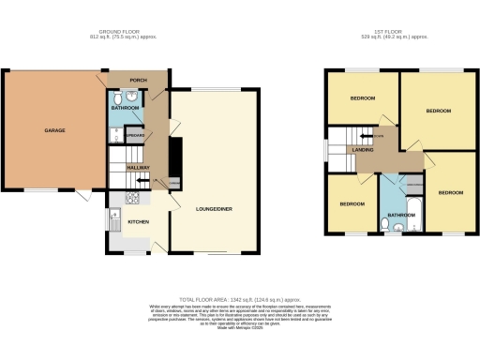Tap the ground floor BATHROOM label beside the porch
click(126, 108)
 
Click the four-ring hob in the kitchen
click(131, 199)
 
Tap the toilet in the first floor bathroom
click(397, 227)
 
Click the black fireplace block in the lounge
click(175, 151)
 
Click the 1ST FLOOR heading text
click(386, 33)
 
